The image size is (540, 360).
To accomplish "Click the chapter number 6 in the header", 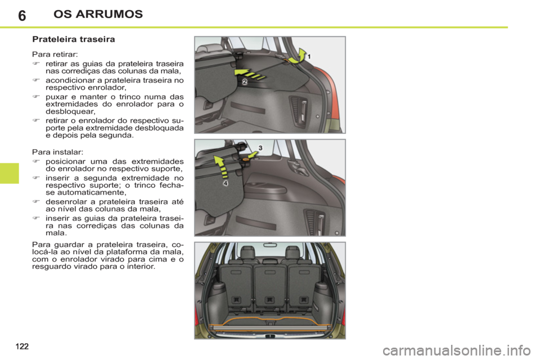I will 21,14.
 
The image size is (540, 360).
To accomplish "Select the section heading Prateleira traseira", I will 74,40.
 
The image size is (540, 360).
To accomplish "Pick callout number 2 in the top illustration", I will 245,82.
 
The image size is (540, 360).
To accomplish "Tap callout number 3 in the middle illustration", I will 260,147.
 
